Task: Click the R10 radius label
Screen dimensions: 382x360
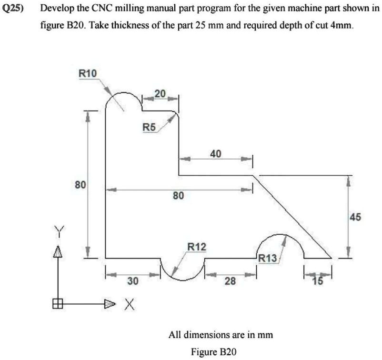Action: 88,73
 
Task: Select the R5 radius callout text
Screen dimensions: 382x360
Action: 149,127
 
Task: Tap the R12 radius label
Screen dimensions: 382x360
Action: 197,247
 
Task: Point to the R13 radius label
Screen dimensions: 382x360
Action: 268,258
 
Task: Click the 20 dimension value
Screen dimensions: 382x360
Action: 160,93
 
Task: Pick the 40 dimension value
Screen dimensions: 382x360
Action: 216,154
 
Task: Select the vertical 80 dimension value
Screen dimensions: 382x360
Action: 80,185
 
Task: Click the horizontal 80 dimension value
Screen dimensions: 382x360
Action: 178,195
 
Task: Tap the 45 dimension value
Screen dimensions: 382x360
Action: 355,217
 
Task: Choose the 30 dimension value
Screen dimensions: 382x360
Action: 133,281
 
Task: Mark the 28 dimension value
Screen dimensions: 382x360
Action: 230,281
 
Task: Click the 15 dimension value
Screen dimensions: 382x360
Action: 318,281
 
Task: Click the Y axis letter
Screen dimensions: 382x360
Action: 59,231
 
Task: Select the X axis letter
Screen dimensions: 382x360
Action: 130,304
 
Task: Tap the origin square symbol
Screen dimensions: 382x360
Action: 58,304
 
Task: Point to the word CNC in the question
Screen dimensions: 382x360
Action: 101,9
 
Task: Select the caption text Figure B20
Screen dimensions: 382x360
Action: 214,352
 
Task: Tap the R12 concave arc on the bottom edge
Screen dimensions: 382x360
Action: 182,280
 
